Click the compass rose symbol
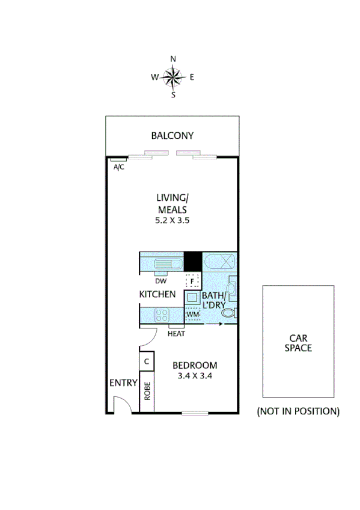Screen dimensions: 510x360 173,76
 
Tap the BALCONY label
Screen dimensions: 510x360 172,136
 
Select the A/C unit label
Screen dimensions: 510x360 119,167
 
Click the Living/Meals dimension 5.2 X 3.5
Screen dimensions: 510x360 173,221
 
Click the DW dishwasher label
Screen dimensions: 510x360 160,281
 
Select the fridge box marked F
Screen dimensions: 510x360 192,281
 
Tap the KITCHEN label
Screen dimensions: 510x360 157,295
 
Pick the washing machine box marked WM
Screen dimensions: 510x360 192,314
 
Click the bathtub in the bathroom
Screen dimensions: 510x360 220,262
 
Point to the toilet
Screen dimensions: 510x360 233,313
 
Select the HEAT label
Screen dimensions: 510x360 176,334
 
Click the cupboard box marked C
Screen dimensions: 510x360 147,361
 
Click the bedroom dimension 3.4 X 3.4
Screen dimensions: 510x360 195,376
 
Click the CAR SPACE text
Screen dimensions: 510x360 298,343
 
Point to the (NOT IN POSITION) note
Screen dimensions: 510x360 298,411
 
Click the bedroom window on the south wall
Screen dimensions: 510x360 195,413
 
